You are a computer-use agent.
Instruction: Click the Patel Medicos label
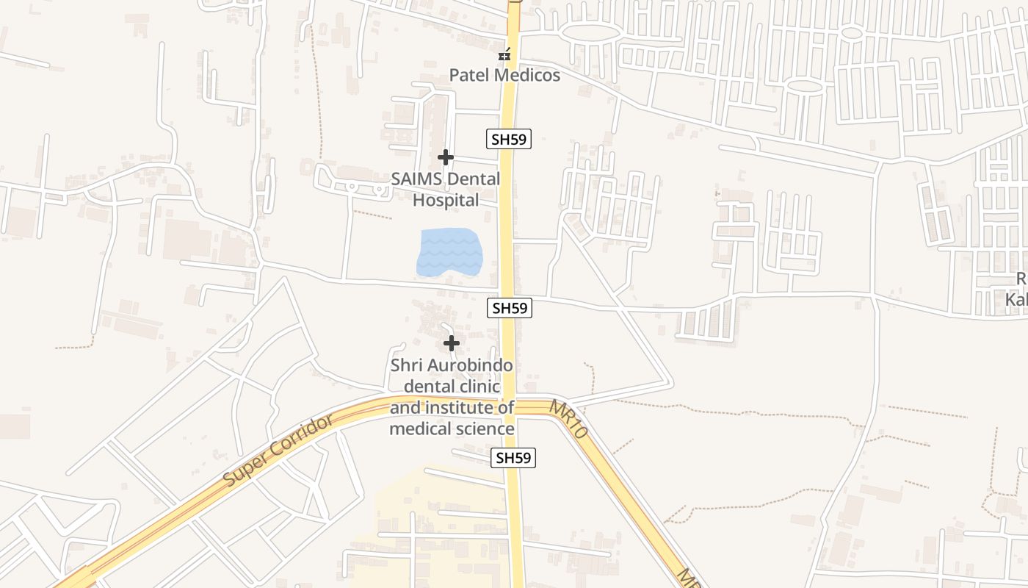pos(504,75)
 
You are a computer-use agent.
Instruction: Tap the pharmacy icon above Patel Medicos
pos(504,54)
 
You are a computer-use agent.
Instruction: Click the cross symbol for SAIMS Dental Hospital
pos(445,157)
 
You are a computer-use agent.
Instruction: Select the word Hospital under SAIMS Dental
pos(446,200)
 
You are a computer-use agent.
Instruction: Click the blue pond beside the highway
pos(449,253)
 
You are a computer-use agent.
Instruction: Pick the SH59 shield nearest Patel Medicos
pos(509,138)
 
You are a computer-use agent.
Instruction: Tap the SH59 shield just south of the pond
pos(510,308)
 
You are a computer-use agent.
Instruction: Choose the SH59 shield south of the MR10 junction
pos(513,458)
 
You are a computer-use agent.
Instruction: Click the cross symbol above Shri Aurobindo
pos(452,343)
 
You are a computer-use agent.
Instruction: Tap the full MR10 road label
pos(568,420)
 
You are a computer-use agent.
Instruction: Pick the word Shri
pos(406,365)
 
